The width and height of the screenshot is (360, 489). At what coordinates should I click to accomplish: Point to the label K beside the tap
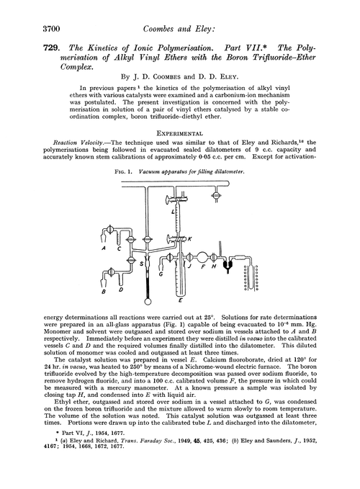click(x=190, y=238)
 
